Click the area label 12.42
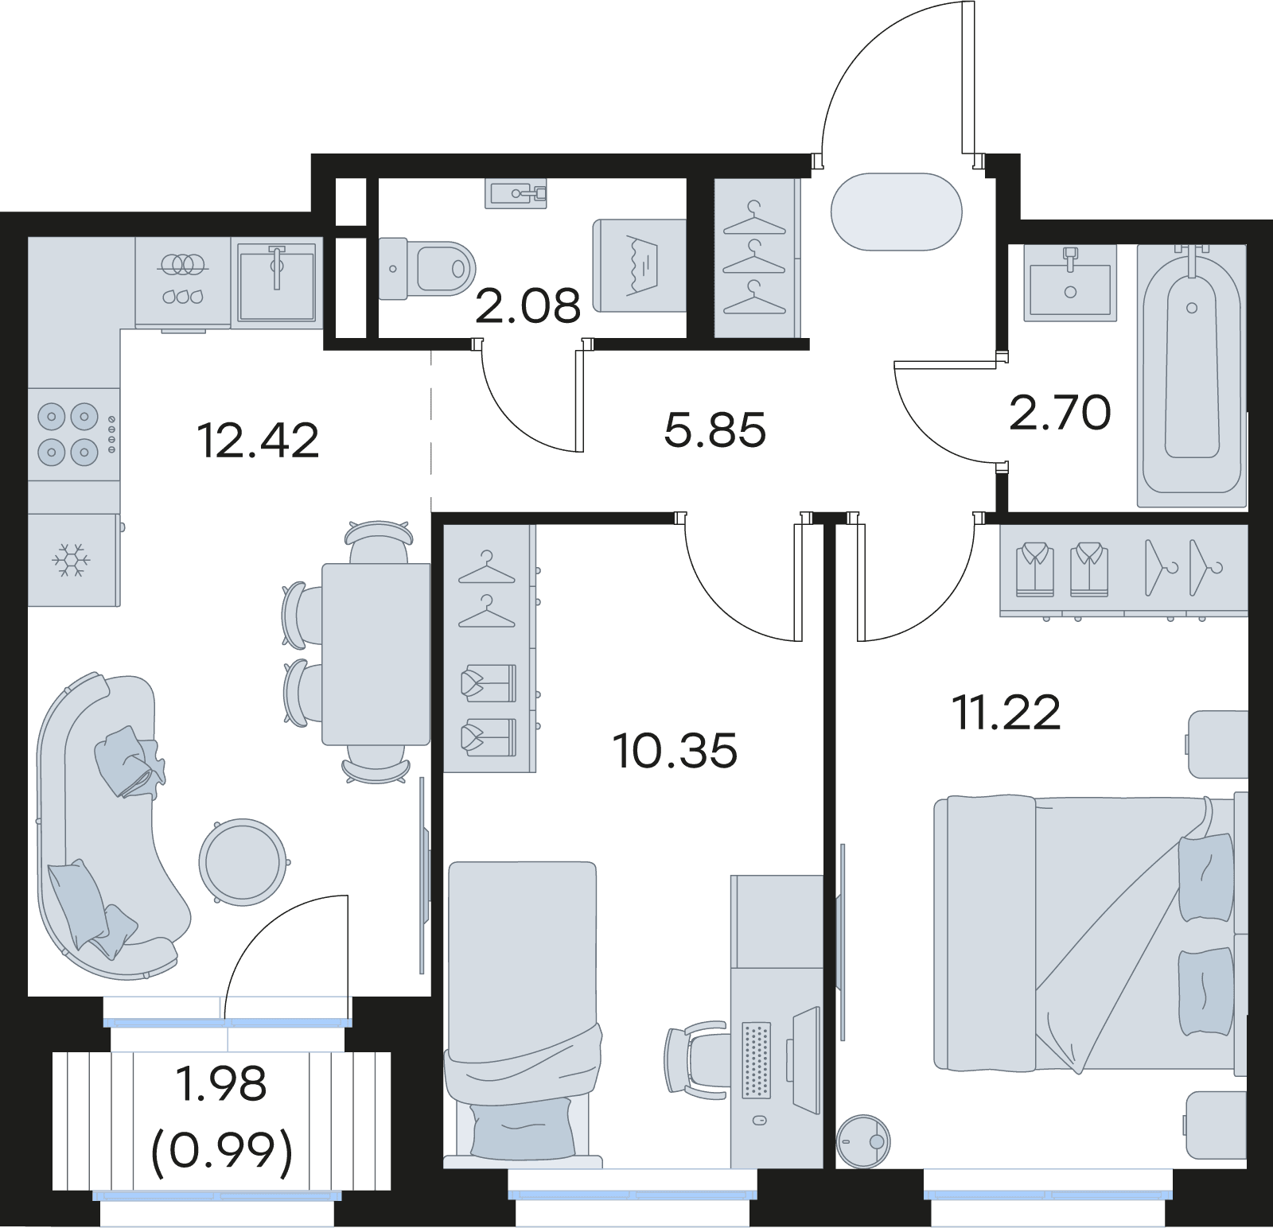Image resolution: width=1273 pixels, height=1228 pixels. [258, 441]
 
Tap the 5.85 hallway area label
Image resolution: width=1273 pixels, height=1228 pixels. [714, 430]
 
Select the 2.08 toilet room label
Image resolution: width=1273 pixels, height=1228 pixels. [528, 306]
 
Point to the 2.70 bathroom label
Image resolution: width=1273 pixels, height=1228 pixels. [1060, 413]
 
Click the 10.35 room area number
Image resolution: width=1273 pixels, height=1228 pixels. [675, 751]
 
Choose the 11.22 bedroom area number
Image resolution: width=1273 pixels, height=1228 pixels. [1006, 713]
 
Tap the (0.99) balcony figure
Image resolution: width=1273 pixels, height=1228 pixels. [222, 1151]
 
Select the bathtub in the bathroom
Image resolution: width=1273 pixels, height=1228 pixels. [1191, 375]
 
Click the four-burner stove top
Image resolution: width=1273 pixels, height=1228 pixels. [74, 434]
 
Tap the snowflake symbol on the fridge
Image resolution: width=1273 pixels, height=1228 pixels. [72, 560]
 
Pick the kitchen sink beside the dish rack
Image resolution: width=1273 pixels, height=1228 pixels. [277, 282]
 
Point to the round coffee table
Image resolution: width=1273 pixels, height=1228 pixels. [243, 862]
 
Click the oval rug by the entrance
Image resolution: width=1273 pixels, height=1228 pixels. [897, 212]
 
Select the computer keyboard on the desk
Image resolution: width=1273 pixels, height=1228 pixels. [756, 1059]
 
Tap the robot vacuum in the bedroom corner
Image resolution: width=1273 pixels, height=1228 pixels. [863, 1142]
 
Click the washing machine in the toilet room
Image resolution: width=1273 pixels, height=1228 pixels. [640, 266]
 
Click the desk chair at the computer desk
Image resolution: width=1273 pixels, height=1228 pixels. [696, 1063]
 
